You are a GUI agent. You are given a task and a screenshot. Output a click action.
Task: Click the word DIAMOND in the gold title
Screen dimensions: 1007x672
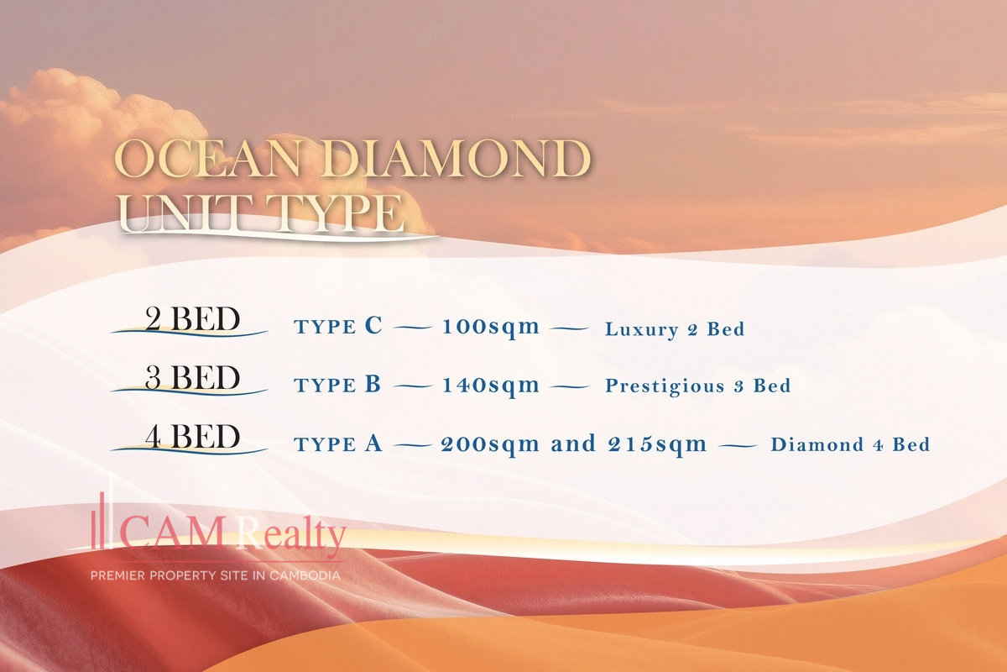click(457, 159)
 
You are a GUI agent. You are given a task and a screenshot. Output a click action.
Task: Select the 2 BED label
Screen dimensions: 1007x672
click(192, 319)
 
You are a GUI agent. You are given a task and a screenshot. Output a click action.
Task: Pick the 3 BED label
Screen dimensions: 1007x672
click(192, 377)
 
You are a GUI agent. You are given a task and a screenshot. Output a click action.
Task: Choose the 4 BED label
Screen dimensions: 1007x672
click(192, 436)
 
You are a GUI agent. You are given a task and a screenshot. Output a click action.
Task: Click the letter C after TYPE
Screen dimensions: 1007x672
click(373, 325)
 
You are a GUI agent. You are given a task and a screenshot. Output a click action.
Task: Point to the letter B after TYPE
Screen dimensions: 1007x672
click(373, 384)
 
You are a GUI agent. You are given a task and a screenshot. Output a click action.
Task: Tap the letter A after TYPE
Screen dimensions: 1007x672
click(373, 443)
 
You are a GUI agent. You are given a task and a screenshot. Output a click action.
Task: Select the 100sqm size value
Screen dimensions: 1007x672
click(490, 328)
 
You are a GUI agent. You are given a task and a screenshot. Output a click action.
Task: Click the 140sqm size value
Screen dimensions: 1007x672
click(490, 386)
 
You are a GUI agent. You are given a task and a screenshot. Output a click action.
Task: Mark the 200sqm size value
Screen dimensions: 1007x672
click(490, 445)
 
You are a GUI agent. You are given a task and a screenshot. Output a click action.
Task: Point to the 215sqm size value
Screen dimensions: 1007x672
click(657, 445)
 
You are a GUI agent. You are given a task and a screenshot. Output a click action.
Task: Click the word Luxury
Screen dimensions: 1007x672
click(642, 330)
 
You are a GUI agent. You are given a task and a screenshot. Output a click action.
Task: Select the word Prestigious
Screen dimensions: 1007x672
click(665, 386)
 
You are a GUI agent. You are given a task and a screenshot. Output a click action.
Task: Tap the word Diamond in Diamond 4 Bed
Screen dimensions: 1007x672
click(817, 444)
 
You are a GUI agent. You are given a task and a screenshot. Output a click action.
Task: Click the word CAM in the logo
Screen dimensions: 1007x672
click(171, 533)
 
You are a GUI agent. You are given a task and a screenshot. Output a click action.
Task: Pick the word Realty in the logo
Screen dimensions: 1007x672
click(291, 534)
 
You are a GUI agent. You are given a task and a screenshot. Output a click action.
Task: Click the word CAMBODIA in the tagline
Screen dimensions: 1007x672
click(305, 575)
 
